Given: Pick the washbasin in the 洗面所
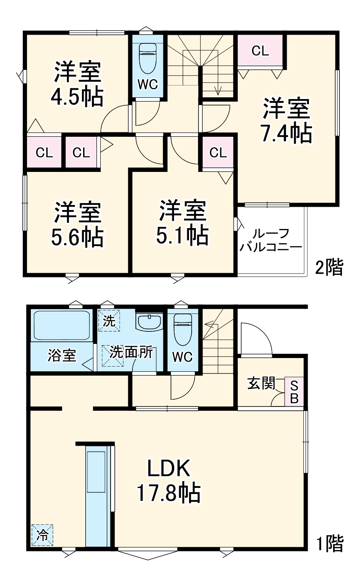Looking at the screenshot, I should pos(149,321).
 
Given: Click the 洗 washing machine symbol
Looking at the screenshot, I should pos(109,321).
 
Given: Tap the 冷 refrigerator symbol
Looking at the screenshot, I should pos(42,535).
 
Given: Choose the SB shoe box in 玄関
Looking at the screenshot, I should pos(294,392).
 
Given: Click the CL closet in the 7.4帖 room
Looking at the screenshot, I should pos(260,51).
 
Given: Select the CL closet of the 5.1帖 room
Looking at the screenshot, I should pos(218,153).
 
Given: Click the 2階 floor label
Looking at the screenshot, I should pos(329,268).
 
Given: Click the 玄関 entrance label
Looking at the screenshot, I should pos(261,384).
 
